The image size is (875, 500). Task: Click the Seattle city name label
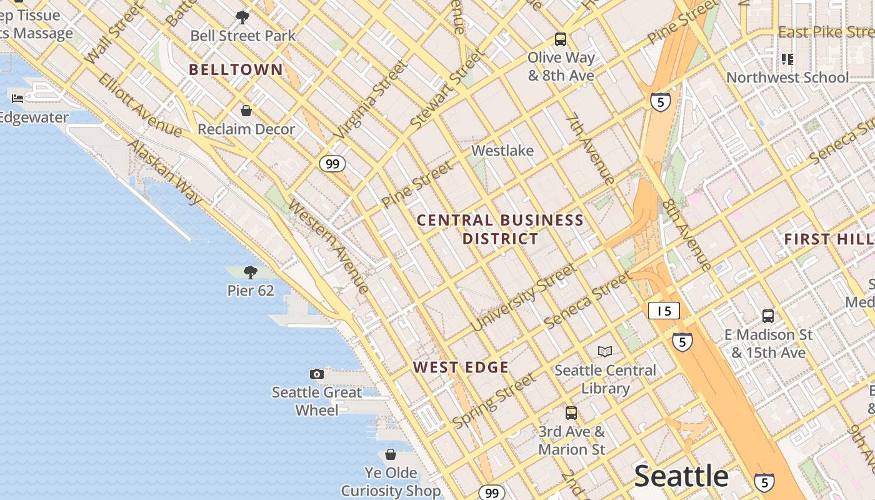pos(681,476)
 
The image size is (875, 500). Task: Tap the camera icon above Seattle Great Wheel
pos(317,374)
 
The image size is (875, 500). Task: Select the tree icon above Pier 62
pos(251,272)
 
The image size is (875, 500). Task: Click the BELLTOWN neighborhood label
pos(236,69)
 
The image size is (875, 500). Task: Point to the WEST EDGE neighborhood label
pos(461,367)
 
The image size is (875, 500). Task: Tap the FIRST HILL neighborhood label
pos(828,239)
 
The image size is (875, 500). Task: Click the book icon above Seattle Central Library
pos(605,351)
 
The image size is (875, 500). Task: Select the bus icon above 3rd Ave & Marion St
pos(571,412)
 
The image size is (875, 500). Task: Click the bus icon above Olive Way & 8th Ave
pos(561,39)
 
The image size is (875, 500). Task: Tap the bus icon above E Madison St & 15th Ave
pos(768,316)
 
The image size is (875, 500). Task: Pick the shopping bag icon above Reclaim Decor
pos(246,111)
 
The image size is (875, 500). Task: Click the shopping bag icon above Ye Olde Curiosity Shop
pos(391,454)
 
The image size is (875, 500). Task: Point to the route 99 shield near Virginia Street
pos(332,164)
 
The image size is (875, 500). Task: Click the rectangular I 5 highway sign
pos(664,311)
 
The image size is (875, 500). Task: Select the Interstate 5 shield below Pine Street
pos(661,102)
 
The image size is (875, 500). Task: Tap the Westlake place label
pos(502,151)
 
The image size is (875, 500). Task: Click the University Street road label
pos(523,297)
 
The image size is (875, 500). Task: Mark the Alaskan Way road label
pos(165,172)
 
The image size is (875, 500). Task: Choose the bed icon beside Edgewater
pos(17,98)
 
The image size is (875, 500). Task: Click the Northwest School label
pos(787,77)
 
